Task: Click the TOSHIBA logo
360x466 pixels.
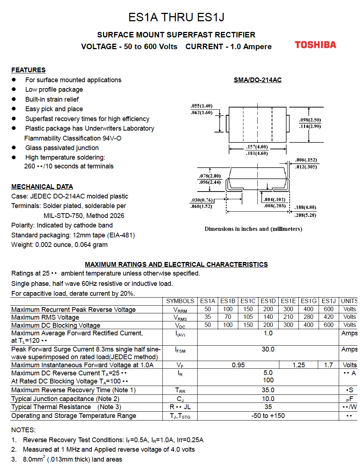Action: coord(315,45)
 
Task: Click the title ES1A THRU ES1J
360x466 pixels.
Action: coord(176,17)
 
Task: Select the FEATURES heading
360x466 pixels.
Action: coord(28,70)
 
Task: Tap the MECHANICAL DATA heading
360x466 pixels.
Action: coord(42,187)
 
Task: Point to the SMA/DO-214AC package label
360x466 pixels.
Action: coord(258,80)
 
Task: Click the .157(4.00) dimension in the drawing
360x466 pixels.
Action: coord(257,147)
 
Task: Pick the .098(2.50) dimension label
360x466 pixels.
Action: coord(310,120)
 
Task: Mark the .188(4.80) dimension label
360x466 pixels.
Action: coord(305,208)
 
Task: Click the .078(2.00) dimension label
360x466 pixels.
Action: coord(210,176)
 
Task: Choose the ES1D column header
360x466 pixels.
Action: coord(268,301)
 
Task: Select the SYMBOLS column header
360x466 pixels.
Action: coord(180,301)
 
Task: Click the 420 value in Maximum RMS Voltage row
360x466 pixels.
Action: coord(328,317)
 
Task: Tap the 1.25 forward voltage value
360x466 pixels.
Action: coord(299,365)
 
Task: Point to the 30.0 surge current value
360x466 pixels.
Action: coord(268,349)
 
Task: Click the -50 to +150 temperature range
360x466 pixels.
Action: coord(268,416)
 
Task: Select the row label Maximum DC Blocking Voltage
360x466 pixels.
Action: coord(56,325)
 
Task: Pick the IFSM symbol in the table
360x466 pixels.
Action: coord(180,350)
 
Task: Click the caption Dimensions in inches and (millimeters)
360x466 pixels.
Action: coord(253,229)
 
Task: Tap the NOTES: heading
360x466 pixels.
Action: coord(23,430)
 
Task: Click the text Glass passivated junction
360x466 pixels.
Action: coord(62,148)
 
